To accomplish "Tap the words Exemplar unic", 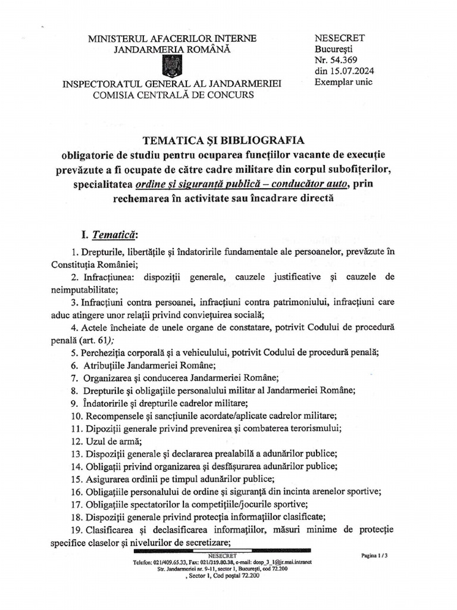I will coord(343,83).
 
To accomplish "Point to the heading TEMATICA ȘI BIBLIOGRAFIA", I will coord(223,141).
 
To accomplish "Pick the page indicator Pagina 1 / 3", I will coord(374,555).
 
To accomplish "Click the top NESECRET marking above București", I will coord(340,38).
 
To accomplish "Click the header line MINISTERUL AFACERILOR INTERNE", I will coord(173,39).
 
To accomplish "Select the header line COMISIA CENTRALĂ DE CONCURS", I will coord(173,95).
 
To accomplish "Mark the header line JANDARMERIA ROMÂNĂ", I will coord(173,49).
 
